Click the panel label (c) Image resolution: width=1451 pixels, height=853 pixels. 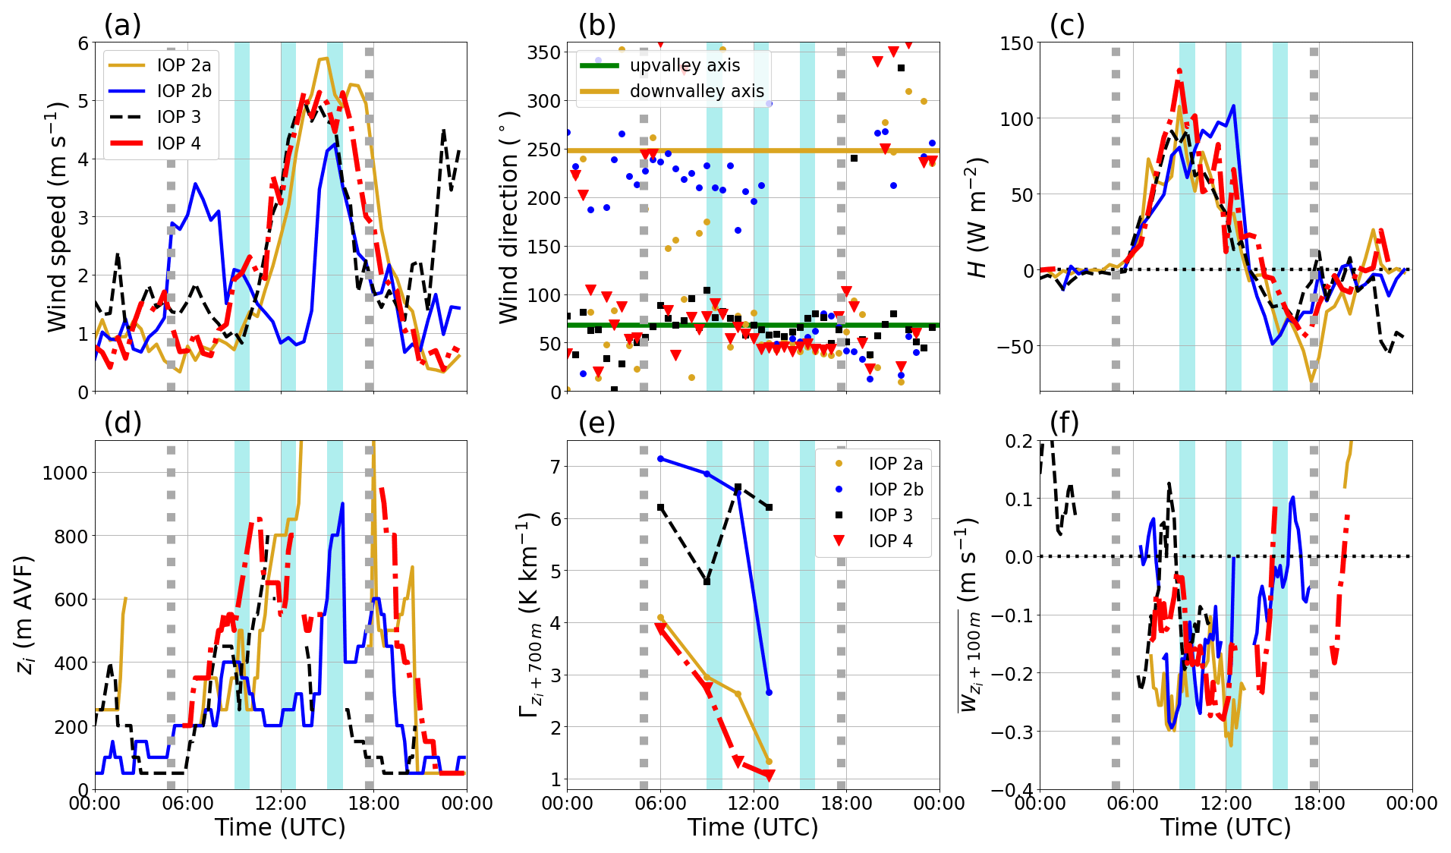1066,25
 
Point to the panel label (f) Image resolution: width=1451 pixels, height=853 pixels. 1065,423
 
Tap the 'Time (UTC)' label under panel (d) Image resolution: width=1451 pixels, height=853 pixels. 280,827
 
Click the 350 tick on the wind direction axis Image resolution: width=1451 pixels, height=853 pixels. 544,52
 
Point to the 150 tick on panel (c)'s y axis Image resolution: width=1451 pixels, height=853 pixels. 1016,43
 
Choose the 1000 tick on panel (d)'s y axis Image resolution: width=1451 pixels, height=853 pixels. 65,473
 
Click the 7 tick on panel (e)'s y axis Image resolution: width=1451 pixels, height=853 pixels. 555,467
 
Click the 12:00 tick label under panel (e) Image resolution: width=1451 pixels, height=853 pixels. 753,804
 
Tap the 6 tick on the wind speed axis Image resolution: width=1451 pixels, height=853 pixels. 83,43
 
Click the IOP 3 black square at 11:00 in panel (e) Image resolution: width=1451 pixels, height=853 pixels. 738,487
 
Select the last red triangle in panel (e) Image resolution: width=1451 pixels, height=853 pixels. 768,775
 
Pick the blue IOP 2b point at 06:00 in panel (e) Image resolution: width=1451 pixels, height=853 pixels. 660,458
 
